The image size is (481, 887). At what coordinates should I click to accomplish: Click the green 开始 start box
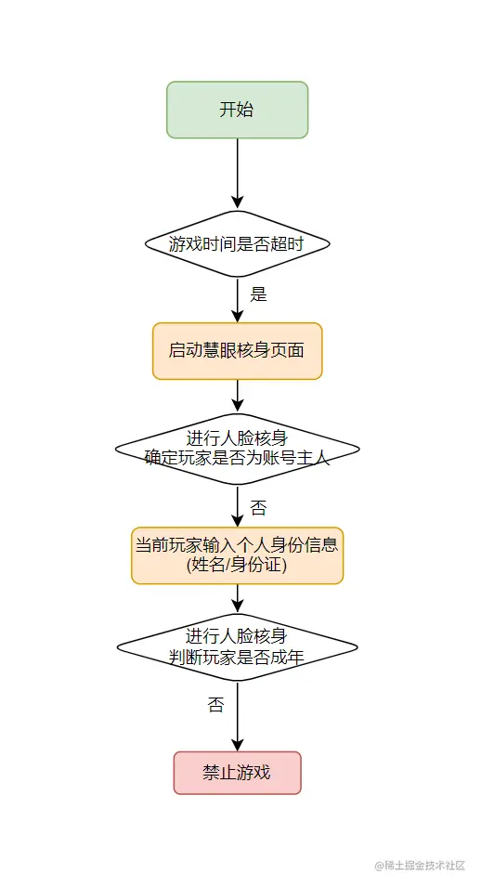tap(237, 110)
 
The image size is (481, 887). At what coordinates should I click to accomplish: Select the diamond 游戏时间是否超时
tap(237, 244)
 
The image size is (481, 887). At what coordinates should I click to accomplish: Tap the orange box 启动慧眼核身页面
tap(237, 351)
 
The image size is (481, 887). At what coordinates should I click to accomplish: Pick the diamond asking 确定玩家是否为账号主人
tap(237, 449)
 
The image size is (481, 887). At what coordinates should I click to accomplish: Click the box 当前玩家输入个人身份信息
tap(237, 555)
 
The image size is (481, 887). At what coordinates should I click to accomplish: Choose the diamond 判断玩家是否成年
tap(237, 647)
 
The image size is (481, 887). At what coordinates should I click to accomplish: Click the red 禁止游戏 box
tap(237, 773)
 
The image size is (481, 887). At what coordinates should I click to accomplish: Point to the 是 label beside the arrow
tap(258, 294)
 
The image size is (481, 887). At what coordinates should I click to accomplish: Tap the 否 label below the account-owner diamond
tap(258, 507)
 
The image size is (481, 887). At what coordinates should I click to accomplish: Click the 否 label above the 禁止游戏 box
tap(215, 704)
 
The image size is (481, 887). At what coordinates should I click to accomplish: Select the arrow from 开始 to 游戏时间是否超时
tap(237, 174)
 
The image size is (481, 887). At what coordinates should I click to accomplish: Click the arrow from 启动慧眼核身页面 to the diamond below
tap(237, 396)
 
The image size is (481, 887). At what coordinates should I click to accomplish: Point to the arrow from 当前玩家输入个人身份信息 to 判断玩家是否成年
tap(237, 598)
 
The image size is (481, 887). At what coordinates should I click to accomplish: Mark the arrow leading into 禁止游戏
tap(237, 717)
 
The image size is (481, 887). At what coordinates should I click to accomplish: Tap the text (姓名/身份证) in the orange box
tap(237, 565)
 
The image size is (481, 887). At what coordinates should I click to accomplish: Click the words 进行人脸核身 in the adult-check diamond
tap(236, 636)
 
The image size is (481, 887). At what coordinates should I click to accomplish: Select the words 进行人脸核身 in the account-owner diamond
tap(237, 437)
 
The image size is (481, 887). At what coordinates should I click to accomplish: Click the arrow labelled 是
tap(237, 300)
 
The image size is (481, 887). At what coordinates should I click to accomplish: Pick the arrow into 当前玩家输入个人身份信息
tap(237, 506)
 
